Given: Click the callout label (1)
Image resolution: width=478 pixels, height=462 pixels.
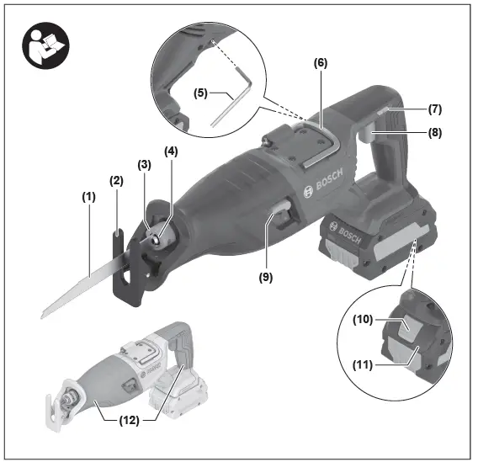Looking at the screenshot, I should click(x=88, y=196).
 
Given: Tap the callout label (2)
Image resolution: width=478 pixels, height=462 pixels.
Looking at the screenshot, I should click(x=116, y=180).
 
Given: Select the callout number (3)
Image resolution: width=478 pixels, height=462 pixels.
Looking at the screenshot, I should click(x=145, y=166).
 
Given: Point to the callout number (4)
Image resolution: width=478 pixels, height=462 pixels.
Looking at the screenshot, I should click(x=172, y=152).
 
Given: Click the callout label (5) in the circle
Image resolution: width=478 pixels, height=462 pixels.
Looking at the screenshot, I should click(x=201, y=93).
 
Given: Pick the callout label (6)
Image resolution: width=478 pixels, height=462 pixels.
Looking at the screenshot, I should click(x=321, y=63).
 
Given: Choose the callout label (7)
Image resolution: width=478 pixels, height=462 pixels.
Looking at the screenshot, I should click(x=434, y=109).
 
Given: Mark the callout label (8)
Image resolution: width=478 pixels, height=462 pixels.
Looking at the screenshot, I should click(x=434, y=132).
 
